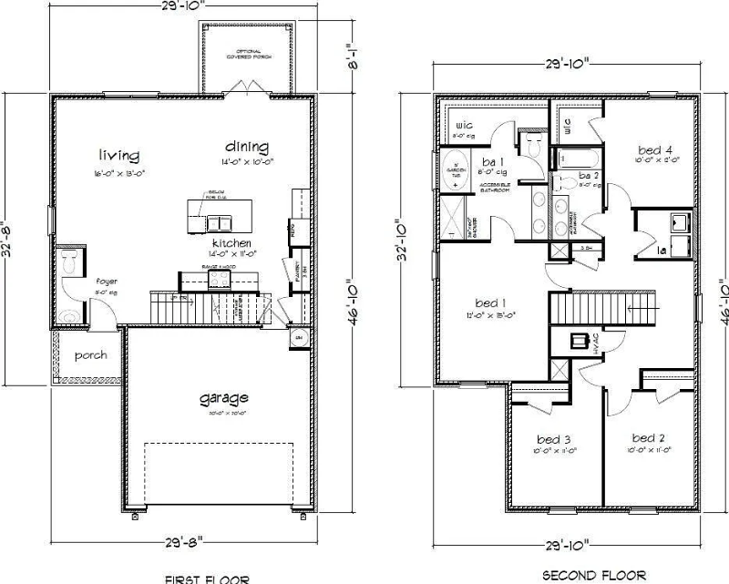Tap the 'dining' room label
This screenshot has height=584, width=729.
[247, 147]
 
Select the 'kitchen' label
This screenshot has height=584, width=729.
[231, 245]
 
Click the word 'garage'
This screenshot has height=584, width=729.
[223, 398]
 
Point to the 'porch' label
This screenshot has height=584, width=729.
[90, 354]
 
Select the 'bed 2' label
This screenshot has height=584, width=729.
[649, 437]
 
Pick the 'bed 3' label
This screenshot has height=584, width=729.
[553, 437]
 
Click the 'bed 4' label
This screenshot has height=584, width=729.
[656, 150]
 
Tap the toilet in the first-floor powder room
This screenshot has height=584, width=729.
[70, 264]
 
